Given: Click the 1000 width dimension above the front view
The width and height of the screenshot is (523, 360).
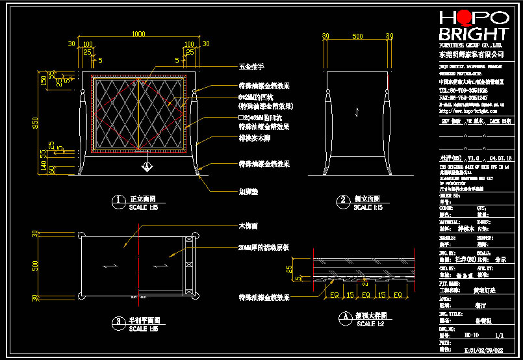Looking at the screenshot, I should (x=138, y=34).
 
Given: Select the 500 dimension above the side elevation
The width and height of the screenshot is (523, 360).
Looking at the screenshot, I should (x=357, y=36).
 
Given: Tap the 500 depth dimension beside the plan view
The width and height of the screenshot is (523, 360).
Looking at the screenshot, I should (x=36, y=266).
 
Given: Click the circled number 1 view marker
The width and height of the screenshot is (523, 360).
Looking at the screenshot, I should (x=118, y=201).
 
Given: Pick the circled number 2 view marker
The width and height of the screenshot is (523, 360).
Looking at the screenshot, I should (x=341, y=201).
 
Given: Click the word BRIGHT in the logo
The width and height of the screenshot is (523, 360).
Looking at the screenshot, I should (x=474, y=34).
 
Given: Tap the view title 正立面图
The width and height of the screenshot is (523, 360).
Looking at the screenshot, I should (x=142, y=200).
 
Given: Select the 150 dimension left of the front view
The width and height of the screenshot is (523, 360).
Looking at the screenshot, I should (x=44, y=81).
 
